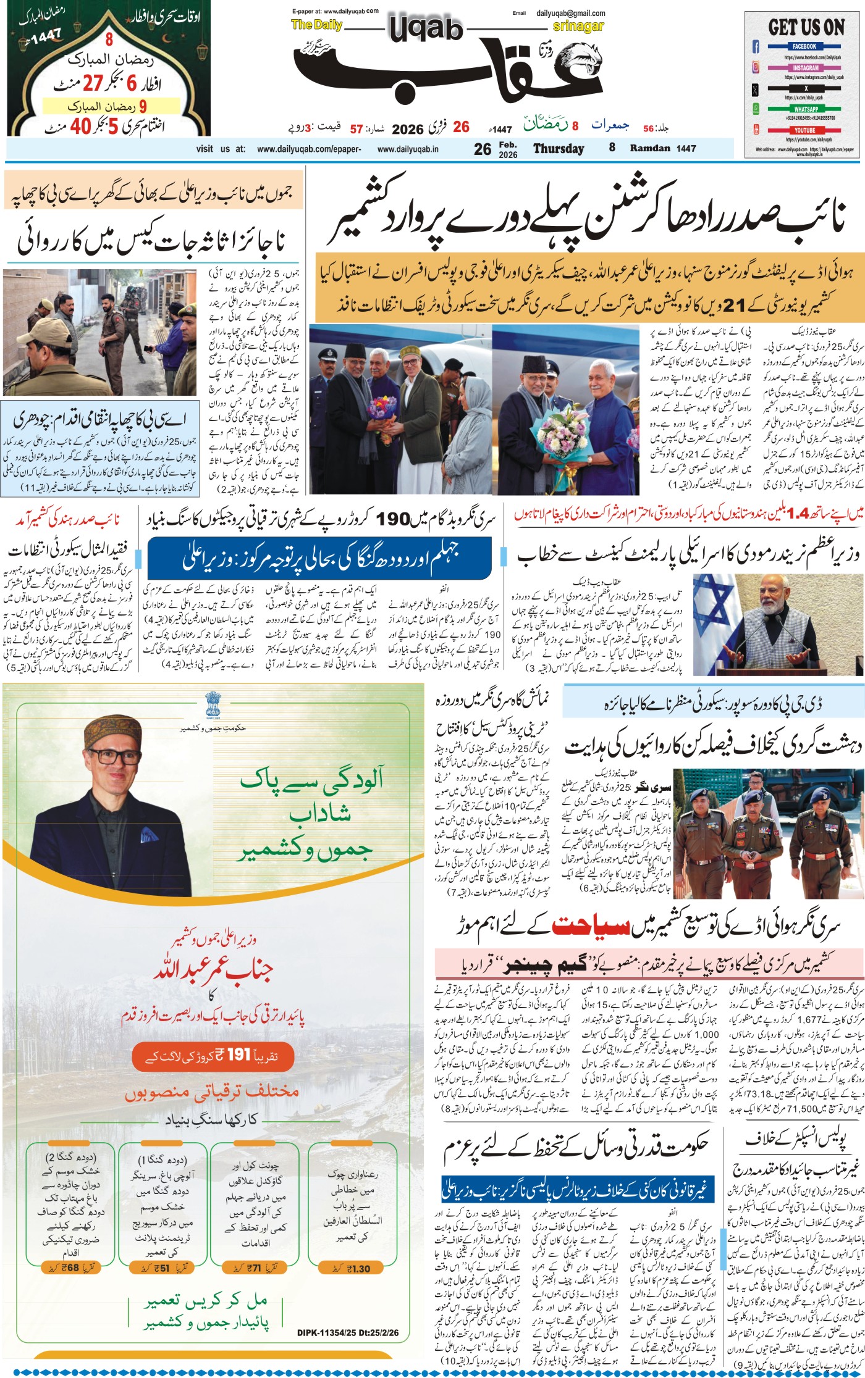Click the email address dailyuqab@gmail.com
click(570, 13)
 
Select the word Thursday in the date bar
click(559, 149)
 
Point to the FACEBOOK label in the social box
click(804, 46)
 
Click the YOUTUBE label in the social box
click(804, 130)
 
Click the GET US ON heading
click(806, 27)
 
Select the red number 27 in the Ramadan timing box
click(93, 83)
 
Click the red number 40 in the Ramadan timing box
click(80, 127)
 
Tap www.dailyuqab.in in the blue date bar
click(408, 149)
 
